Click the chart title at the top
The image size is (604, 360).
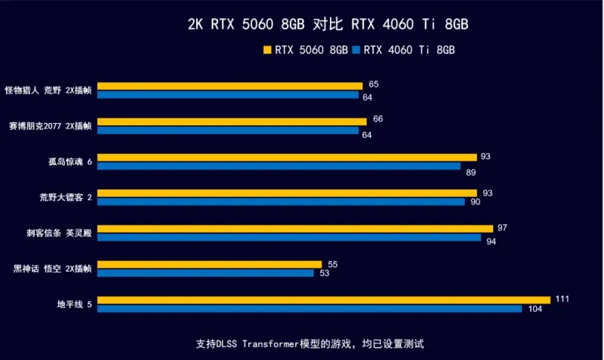[x=328, y=24]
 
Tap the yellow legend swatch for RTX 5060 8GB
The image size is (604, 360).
[x=267, y=51]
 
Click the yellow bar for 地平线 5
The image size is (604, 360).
[x=324, y=300]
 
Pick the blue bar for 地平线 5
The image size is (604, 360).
[x=310, y=309]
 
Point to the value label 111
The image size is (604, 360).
[x=562, y=299]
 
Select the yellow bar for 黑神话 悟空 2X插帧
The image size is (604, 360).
[x=209, y=264]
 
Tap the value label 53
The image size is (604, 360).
[x=324, y=274]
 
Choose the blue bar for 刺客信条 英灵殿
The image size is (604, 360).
[x=289, y=238]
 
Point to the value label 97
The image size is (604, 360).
[x=502, y=228]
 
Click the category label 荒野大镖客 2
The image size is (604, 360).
[x=66, y=197]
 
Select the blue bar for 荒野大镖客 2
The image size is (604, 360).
[x=281, y=202]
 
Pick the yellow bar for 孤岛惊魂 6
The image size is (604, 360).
[x=287, y=157]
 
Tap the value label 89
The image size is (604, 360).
[x=470, y=172]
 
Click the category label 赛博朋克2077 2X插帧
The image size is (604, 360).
[x=50, y=126]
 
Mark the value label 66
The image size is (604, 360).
[x=377, y=119]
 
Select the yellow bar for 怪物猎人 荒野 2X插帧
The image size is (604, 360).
[x=230, y=86]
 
